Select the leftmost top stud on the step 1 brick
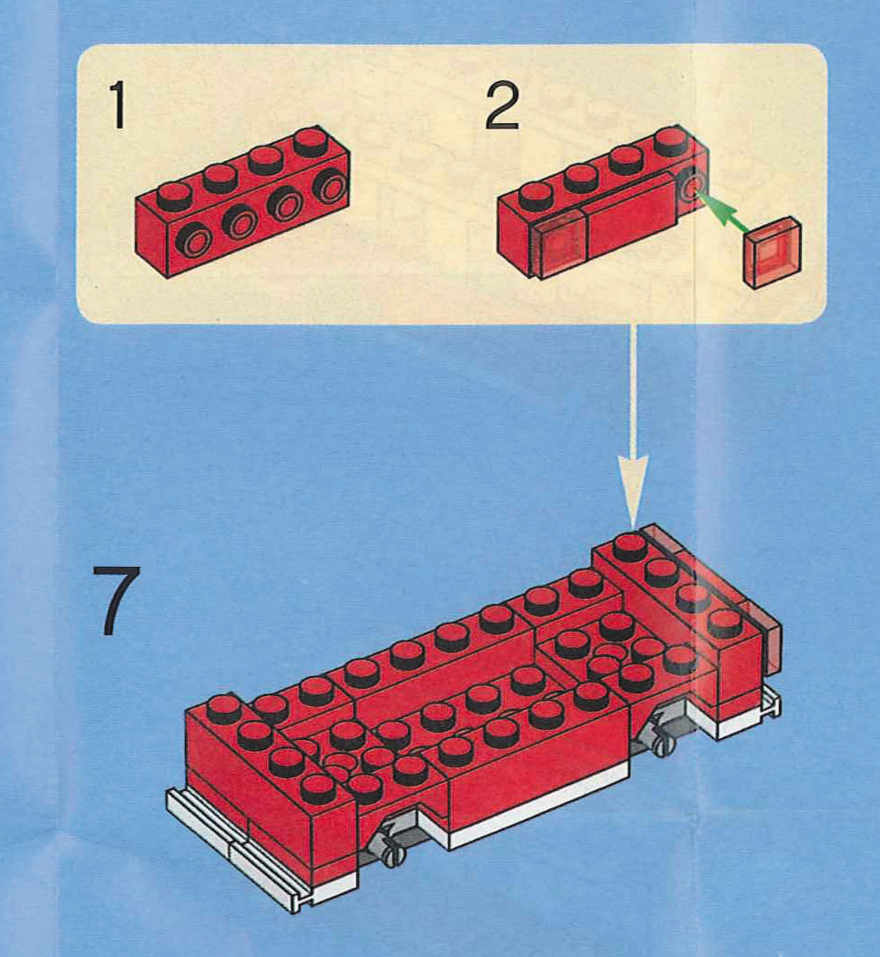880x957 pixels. click(x=173, y=193)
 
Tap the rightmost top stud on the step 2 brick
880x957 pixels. click(x=672, y=140)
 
